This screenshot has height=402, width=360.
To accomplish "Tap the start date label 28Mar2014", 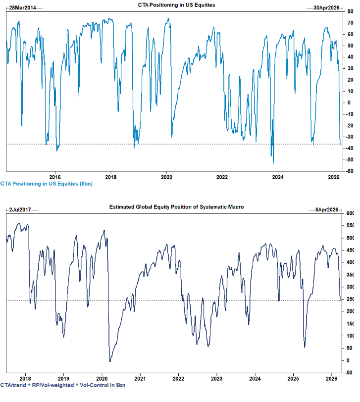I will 23,7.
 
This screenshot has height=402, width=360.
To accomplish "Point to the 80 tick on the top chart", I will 350,11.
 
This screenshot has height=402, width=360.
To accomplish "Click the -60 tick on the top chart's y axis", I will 350,171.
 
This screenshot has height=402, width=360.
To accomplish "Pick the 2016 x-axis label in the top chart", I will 55,176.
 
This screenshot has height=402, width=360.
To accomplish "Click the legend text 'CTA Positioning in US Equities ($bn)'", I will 46,184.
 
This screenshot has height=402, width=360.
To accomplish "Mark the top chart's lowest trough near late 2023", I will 273,163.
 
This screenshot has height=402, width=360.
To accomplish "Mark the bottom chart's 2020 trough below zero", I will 109,362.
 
